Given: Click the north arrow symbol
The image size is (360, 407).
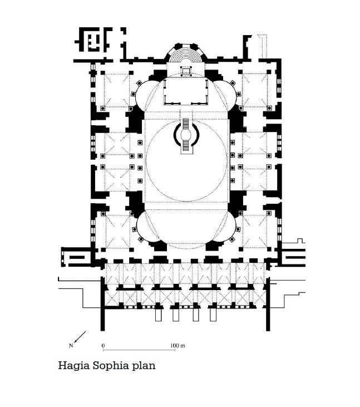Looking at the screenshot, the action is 80,337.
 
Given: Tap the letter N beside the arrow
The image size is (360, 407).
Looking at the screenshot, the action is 71,346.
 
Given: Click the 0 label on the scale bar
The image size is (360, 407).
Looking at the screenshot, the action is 103,346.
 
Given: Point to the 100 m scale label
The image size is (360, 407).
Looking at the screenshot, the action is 177,346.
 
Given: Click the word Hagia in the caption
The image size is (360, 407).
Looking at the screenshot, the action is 73,366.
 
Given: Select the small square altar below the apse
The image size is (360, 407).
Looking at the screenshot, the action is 186,71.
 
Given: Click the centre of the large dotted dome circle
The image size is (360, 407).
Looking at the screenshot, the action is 186,160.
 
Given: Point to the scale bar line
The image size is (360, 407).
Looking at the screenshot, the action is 139,350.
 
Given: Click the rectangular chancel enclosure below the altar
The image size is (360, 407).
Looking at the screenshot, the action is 186,92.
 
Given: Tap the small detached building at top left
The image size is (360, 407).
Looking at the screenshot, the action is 93,40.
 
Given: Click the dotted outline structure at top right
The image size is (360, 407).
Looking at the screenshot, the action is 262,46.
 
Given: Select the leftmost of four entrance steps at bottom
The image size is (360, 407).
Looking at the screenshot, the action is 158,315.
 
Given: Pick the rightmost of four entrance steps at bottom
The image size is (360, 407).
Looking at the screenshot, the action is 213,315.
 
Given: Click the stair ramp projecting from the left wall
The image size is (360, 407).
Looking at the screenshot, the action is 76,257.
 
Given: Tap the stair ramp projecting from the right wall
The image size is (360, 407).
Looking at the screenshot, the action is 293,257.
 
